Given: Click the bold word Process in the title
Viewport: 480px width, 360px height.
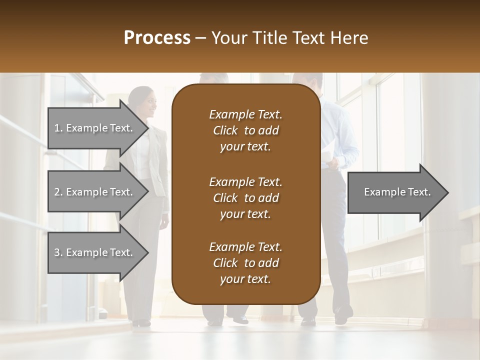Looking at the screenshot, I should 157,37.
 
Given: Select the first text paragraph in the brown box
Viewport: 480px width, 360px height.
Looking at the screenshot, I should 245,130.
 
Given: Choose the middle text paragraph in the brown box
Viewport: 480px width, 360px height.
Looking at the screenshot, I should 245,197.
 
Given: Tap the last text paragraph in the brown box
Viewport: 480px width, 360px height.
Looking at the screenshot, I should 245,263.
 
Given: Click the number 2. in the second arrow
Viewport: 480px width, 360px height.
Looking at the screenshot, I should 58,192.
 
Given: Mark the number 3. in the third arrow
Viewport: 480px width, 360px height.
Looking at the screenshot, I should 58,252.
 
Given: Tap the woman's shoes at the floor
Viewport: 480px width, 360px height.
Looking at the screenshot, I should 141,322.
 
